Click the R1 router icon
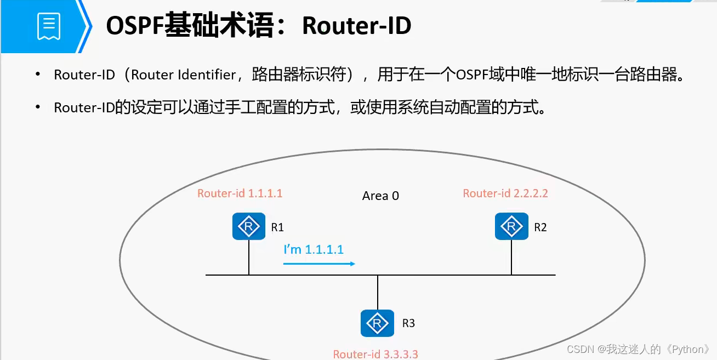click(x=249, y=226)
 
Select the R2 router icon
click(x=511, y=226)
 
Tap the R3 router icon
click(x=377, y=323)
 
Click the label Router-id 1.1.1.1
click(x=240, y=193)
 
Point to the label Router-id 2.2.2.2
click(x=505, y=193)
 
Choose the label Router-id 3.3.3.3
click(x=375, y=354)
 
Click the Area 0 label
click(x=380, y=196)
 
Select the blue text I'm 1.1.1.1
click(x=314, y=249)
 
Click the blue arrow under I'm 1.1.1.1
click(x=319, y=264)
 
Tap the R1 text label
click(x=277, y=227)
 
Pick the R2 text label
click(x=540, y=227)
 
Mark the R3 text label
click(x=408, y=323)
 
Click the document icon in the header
click(x=48, y=26)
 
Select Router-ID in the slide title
click(x=356, y=26)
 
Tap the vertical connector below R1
click(x=249, y=257)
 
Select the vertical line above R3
click(x=378, y=292)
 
